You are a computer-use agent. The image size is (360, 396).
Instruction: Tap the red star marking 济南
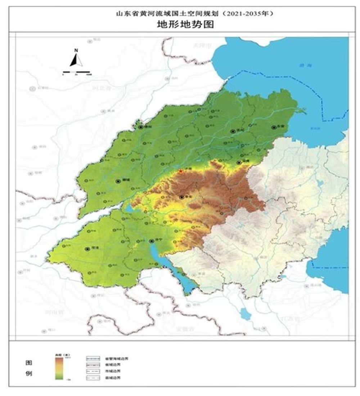pos(181,172)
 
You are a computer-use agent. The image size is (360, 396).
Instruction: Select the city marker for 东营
pos(274,127)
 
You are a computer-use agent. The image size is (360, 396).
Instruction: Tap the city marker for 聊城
pos(118,181)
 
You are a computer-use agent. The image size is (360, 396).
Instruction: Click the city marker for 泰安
pos(182,197)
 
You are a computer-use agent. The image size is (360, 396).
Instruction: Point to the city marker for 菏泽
pos(87,249)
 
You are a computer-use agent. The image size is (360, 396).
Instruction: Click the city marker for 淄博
pos(239,163)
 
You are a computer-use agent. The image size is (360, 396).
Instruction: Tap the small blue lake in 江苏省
pos(245,313)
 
